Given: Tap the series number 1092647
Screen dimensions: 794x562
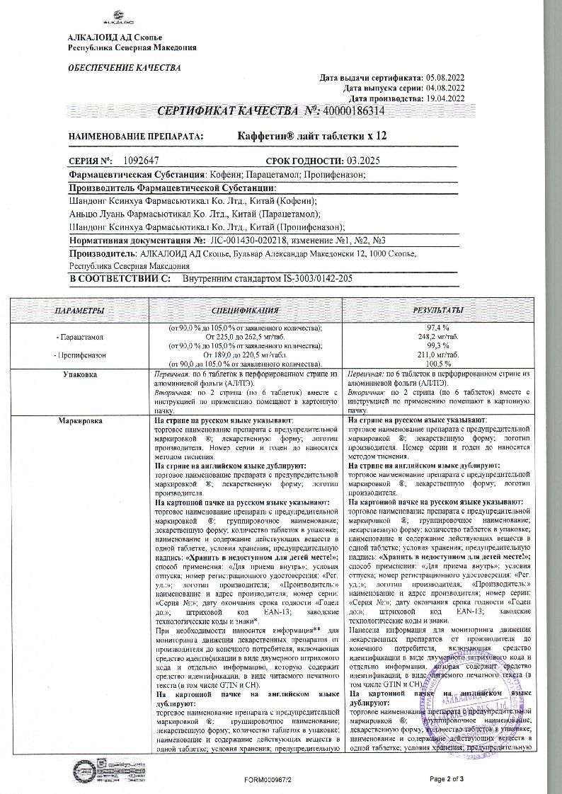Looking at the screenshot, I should point(144,161).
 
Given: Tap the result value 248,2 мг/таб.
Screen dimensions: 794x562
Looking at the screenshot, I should point(439,338).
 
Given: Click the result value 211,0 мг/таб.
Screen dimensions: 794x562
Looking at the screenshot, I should point(439,354).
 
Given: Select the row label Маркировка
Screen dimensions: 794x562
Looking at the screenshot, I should point(79,421).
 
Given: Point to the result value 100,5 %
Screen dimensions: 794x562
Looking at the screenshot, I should point(439,362).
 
